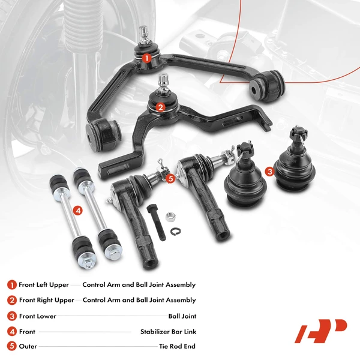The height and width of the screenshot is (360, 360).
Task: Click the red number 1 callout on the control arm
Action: (146, 58)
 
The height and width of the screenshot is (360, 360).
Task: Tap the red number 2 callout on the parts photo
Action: (160, 107)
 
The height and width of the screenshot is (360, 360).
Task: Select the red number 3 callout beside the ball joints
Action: (270, 172)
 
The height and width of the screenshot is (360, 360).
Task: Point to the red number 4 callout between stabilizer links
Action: (77, 210)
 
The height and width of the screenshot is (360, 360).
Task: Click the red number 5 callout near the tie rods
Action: (170, 178)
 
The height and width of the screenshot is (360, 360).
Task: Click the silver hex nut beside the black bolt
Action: (170, 214)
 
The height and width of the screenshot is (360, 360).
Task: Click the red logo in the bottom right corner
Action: (320, 331)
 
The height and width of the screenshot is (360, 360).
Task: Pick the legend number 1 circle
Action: (12, 285)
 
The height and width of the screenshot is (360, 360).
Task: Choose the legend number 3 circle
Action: (12, 316)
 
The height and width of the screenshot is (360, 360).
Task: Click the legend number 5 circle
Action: (12, 346)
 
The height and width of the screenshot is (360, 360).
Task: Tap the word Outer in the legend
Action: (28, 346)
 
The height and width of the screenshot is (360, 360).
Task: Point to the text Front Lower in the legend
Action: (37, 316)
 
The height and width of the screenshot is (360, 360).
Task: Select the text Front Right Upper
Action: (46, 300)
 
